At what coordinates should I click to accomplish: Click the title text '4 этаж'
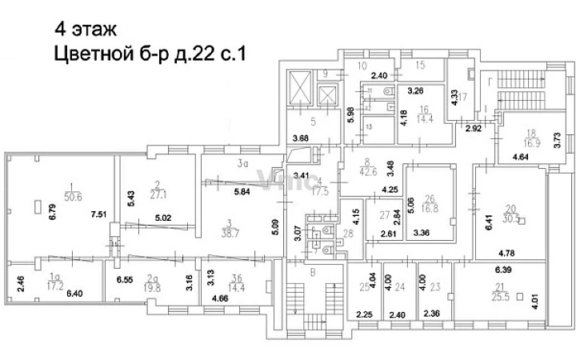[x=86, y=30]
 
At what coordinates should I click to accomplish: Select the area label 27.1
[x=157, y=194]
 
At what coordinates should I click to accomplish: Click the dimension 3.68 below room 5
[x=301, y=139]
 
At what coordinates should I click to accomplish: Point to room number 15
[x=419, y=64]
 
